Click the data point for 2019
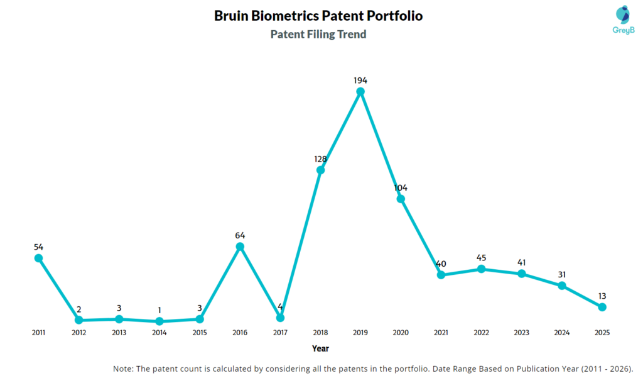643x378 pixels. tap(360, 92)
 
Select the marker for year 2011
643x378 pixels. tap(38, 258)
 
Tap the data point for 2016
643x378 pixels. tap(240, 247)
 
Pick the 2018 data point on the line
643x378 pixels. tap(320, 170)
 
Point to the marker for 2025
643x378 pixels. tap(602, 307)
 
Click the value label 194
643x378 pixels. tap(360, 81)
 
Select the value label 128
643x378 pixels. tap(320, 159)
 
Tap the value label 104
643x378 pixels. tap(401, 188)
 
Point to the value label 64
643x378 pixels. tap(240, 235)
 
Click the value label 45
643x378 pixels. tap(481, 258)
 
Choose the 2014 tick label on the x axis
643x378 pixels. tap(159, 332)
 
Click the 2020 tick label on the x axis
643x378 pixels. tap(401, 332)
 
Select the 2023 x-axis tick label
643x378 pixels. tap(521, 332)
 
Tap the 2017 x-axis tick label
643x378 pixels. tap(280, 332)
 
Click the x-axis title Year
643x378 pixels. tap(320, 348)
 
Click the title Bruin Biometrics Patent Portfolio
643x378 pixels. tap(318, 16)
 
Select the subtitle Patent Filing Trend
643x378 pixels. tap(318, 35)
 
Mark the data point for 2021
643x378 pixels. tap(441, 275)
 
